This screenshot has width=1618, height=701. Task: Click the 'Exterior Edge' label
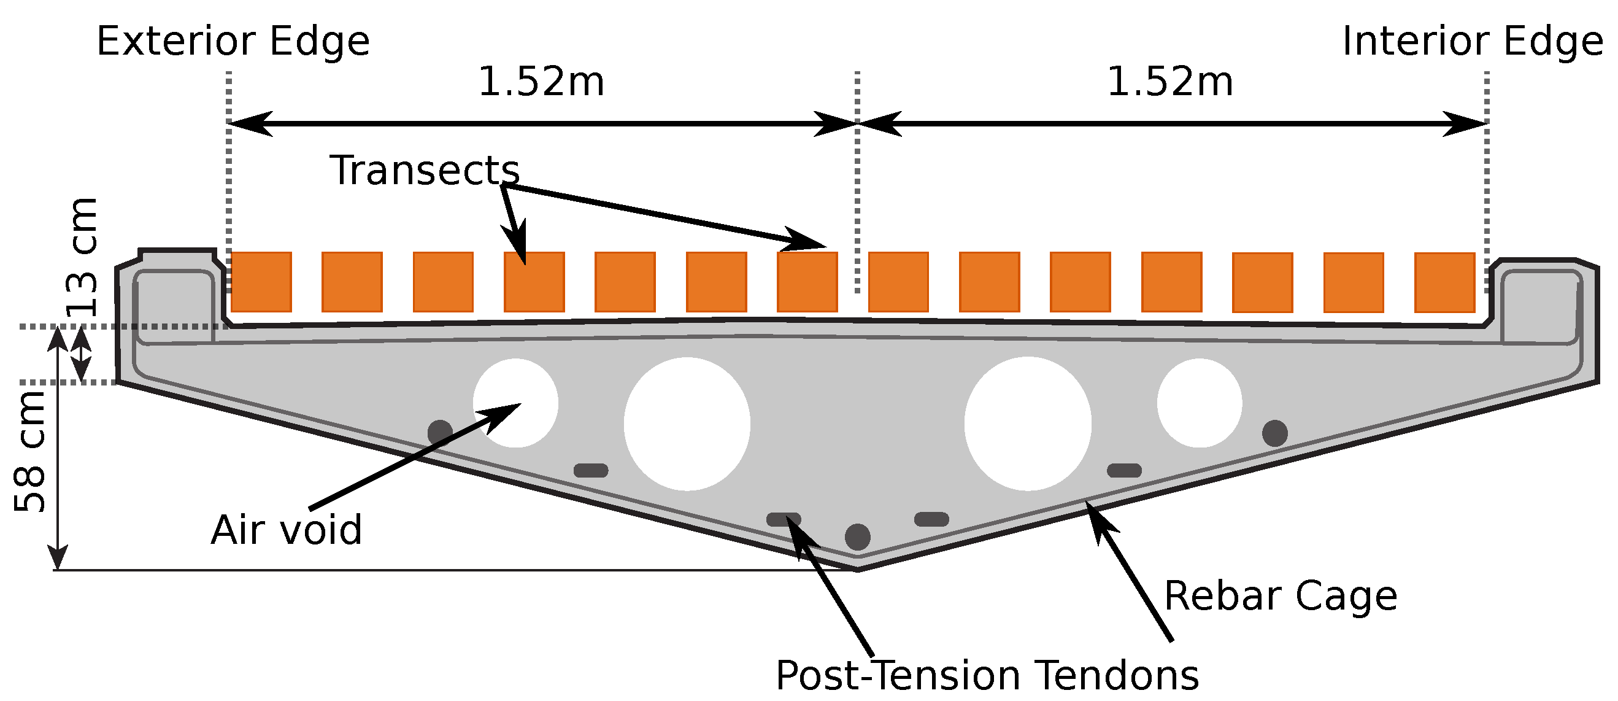233,42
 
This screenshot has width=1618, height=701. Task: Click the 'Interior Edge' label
1473,42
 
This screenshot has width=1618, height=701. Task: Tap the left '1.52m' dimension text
541,82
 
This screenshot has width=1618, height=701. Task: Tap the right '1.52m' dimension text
1169,82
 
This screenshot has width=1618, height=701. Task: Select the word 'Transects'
425,170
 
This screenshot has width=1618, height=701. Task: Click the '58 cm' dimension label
30,451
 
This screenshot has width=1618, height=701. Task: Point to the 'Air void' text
287,530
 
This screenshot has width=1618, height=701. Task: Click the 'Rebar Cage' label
1281,595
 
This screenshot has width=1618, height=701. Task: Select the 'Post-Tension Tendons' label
987,676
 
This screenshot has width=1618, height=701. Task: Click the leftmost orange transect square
261,282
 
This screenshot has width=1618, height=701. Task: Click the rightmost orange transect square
1444,282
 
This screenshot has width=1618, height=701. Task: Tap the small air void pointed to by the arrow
515,403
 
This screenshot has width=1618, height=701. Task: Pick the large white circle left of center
687,424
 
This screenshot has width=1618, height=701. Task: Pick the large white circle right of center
1028,424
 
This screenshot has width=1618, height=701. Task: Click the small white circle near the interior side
1199,403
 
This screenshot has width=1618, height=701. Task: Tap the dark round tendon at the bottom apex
857,537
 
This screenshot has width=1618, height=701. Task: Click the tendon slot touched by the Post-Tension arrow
784,519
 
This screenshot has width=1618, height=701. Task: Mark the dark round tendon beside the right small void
1274,433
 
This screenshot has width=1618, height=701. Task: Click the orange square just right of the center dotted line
898,282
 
